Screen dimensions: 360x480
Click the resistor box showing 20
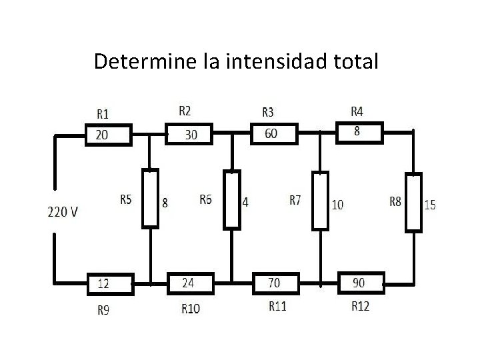109,135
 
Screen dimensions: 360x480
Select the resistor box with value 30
189,135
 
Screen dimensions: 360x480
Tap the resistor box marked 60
272,134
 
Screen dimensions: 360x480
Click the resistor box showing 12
111,283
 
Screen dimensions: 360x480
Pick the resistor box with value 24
189,283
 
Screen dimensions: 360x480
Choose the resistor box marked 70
274,283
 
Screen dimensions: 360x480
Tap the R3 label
269,111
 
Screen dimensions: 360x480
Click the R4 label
357,110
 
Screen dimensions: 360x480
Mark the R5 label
126,199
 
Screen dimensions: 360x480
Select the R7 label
295,199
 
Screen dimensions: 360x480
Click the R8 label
395,201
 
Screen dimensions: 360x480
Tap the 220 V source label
63,212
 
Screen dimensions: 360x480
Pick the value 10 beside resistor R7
338,205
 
